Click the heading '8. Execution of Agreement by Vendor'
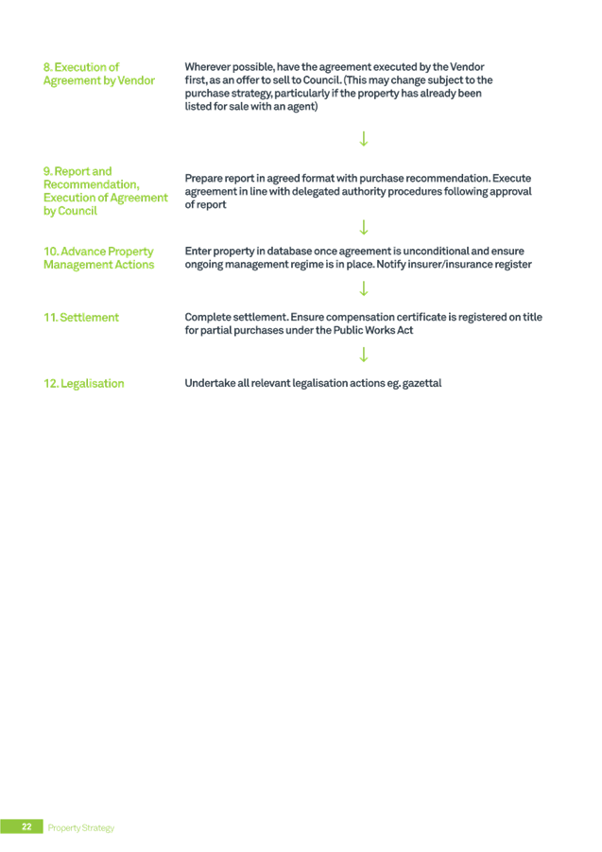[x=99, y=74]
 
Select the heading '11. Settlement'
[x=81, y=318]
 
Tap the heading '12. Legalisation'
[x=83, y=384]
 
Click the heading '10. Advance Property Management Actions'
[x=99, y=258]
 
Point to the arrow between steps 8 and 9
[x=364, y=139]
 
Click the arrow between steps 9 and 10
[x=364, y=227]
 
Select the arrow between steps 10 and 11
[x=364, y=288]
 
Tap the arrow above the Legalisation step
[x=364, y=355]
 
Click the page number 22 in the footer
[x=26, y=826]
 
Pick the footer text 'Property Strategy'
[x=81, y=827]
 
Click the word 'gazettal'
[x=421, y=383]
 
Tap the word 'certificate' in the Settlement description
[x=422, y=318]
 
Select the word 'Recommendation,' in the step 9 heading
[x=91, y=184]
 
